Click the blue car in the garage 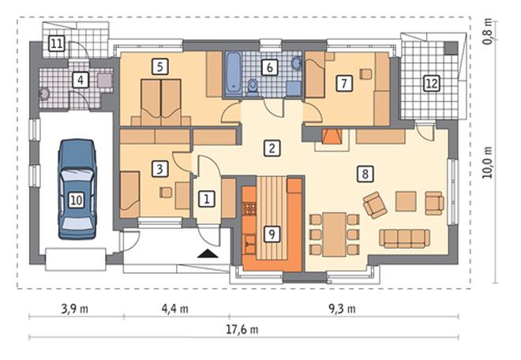tap(77, 189)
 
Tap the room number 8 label tap(365, 174)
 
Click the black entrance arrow tap(208, 253)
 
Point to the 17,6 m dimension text tap(242, 330)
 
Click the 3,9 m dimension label tap(75, 309)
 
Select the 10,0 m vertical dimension tap(487, 163)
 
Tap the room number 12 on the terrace tap(432, 84)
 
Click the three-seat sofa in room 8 tap(404, 238)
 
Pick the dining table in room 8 tap(335, 234)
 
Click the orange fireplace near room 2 tap(332, 137)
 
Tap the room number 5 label tap(160, 66)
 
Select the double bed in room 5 tap(161, 103)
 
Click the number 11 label tap(57, 43)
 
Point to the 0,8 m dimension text tap(487, 30)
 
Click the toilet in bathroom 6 tap(253, 86)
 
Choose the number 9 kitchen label tap(272, 234)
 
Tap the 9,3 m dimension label tap(343, 309)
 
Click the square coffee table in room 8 tap(406, 201)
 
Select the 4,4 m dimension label tap(175, 309)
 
